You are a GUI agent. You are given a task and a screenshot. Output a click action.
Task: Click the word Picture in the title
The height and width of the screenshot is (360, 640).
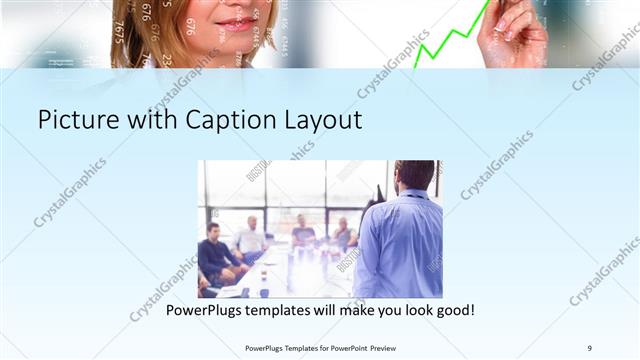point(78,121)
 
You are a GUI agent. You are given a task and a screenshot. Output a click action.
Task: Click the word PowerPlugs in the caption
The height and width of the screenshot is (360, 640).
point(206,311)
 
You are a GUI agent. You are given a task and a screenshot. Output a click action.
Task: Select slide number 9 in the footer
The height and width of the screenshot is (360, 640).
point(589,347)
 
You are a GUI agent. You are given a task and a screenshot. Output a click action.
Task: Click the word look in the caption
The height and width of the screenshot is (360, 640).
point(405,311)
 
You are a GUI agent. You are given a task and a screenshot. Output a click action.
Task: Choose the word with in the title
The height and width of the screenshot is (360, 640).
point(147,121)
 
